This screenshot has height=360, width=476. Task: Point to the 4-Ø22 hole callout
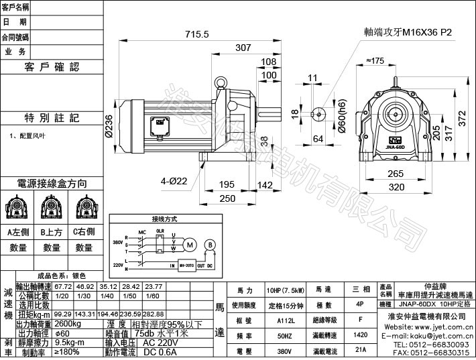click(x=174, y=180)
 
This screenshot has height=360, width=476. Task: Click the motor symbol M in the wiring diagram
click(x=190, y=245)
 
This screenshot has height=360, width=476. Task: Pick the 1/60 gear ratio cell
click(x=153, y=295)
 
